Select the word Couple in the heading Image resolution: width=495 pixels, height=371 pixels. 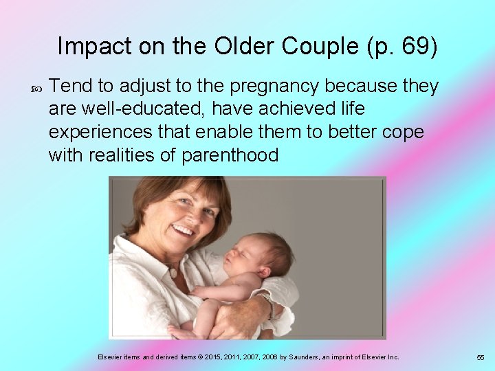pyautogui.click(x=315, y=47)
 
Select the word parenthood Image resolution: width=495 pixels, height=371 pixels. pyautogui.click(x=230, y=155)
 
